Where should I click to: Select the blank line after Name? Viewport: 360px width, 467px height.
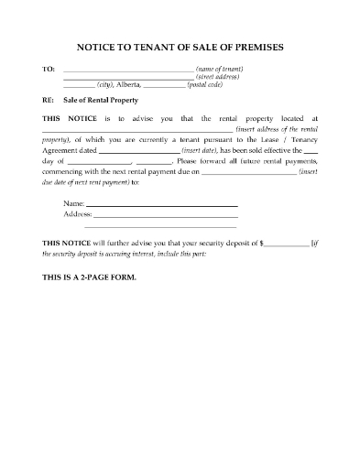[162, 203]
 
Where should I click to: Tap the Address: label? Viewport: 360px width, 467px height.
[78, 212]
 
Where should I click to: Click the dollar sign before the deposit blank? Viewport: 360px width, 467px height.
[262, 243]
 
